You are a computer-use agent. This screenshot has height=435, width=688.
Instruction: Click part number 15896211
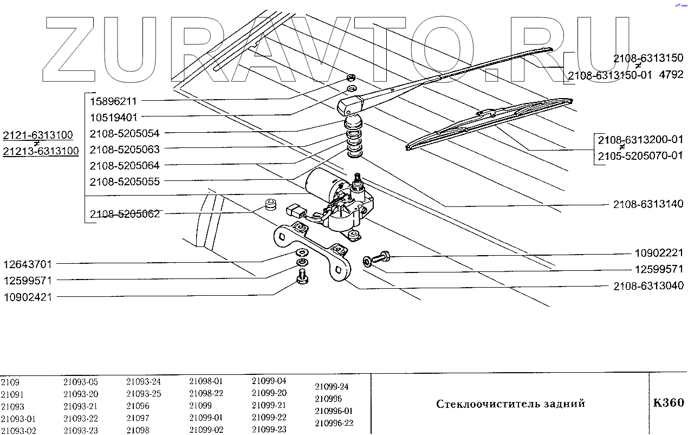[x=114, y=101]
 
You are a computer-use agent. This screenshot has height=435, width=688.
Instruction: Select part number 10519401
[x=114, y=117]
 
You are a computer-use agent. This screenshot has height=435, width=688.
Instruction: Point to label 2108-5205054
[x=125, y=133]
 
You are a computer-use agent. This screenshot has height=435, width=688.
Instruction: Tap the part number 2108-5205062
[x=125, y=214]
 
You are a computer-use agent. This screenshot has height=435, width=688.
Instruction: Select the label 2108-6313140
[x=648, y=204]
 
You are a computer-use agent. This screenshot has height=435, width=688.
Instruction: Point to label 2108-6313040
[x=648, y=285]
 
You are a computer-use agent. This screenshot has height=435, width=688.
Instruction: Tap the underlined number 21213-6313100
[x=41, y=151]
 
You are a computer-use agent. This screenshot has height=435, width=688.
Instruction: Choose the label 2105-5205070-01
[x=640, y=157]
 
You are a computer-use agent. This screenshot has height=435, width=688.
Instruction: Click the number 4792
[x=671, y=75]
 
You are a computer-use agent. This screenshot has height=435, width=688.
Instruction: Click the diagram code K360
[x=668, y=402]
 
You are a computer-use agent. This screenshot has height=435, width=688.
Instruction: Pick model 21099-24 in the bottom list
[x=332, y=387]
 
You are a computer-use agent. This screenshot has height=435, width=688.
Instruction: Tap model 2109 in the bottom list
[x=10, y=382]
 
